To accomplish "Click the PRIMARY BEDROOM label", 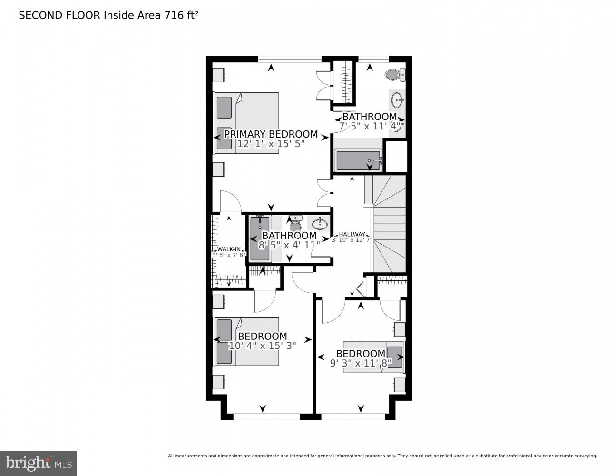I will coord(271,134).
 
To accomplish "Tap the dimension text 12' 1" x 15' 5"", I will coord(271,144).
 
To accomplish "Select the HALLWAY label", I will coord(352,234).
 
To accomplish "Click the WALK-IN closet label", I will coord(229,249).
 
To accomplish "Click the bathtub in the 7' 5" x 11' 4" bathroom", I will coord(359,160).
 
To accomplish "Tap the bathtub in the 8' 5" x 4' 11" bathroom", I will coord(260,238).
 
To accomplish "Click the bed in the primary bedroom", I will coord(246,123).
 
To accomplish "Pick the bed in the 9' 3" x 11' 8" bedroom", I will coord(373,357).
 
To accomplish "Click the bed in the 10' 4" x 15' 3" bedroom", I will coord(246,341).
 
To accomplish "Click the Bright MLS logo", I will coord(39,463).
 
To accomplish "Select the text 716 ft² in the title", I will coord(181,15).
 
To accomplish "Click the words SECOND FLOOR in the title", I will coord(59,15).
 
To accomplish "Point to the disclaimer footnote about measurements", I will coord(382,456).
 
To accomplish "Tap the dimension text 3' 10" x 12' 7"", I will coord(352,240).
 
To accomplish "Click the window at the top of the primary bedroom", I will coord(290,59).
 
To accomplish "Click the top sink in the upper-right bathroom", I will coord(398,100).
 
